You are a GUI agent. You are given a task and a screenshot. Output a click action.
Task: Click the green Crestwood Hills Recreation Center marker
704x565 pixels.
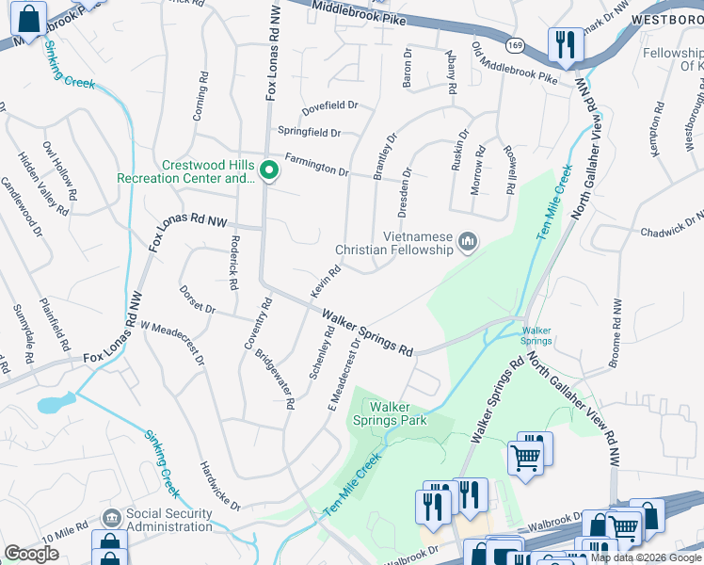[268, 170]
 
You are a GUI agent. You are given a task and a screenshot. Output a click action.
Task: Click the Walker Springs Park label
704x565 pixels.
[398, 413]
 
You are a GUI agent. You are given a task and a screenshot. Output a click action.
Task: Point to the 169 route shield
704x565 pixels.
[514, 44]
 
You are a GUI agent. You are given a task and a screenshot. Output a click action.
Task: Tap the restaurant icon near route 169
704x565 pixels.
[565, 43]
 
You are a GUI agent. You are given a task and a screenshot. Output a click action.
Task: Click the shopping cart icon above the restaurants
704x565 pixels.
[525, 459]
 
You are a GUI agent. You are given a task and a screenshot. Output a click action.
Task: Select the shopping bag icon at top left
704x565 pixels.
[29, 19]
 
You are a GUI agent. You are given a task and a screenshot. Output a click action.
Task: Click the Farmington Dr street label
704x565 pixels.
[316, 167]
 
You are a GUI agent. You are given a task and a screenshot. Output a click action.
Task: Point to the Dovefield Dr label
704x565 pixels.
[329, 106]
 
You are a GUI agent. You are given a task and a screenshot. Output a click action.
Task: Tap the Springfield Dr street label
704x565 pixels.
[309, 133]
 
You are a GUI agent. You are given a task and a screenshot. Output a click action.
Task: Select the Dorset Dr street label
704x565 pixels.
[198, 299]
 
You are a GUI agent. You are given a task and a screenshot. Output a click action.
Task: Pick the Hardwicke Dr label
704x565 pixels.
[220, 483]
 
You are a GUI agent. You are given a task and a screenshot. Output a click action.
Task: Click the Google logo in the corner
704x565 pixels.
[31, 553]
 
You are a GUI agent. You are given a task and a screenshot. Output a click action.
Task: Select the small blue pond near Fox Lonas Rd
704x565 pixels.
[52, 405]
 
